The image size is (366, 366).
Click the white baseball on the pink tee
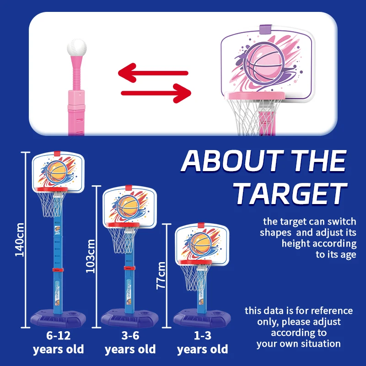coord(76,48)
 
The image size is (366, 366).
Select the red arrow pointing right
coord(156,93)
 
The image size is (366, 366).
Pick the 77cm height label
coord(161,275)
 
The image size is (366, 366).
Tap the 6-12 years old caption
coord(58,343)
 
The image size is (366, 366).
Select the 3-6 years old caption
coord(130,343)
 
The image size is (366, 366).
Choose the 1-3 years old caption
coord(202,343)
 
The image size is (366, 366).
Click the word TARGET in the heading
coord(290,194)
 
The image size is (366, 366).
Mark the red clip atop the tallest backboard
coord(58,153)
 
